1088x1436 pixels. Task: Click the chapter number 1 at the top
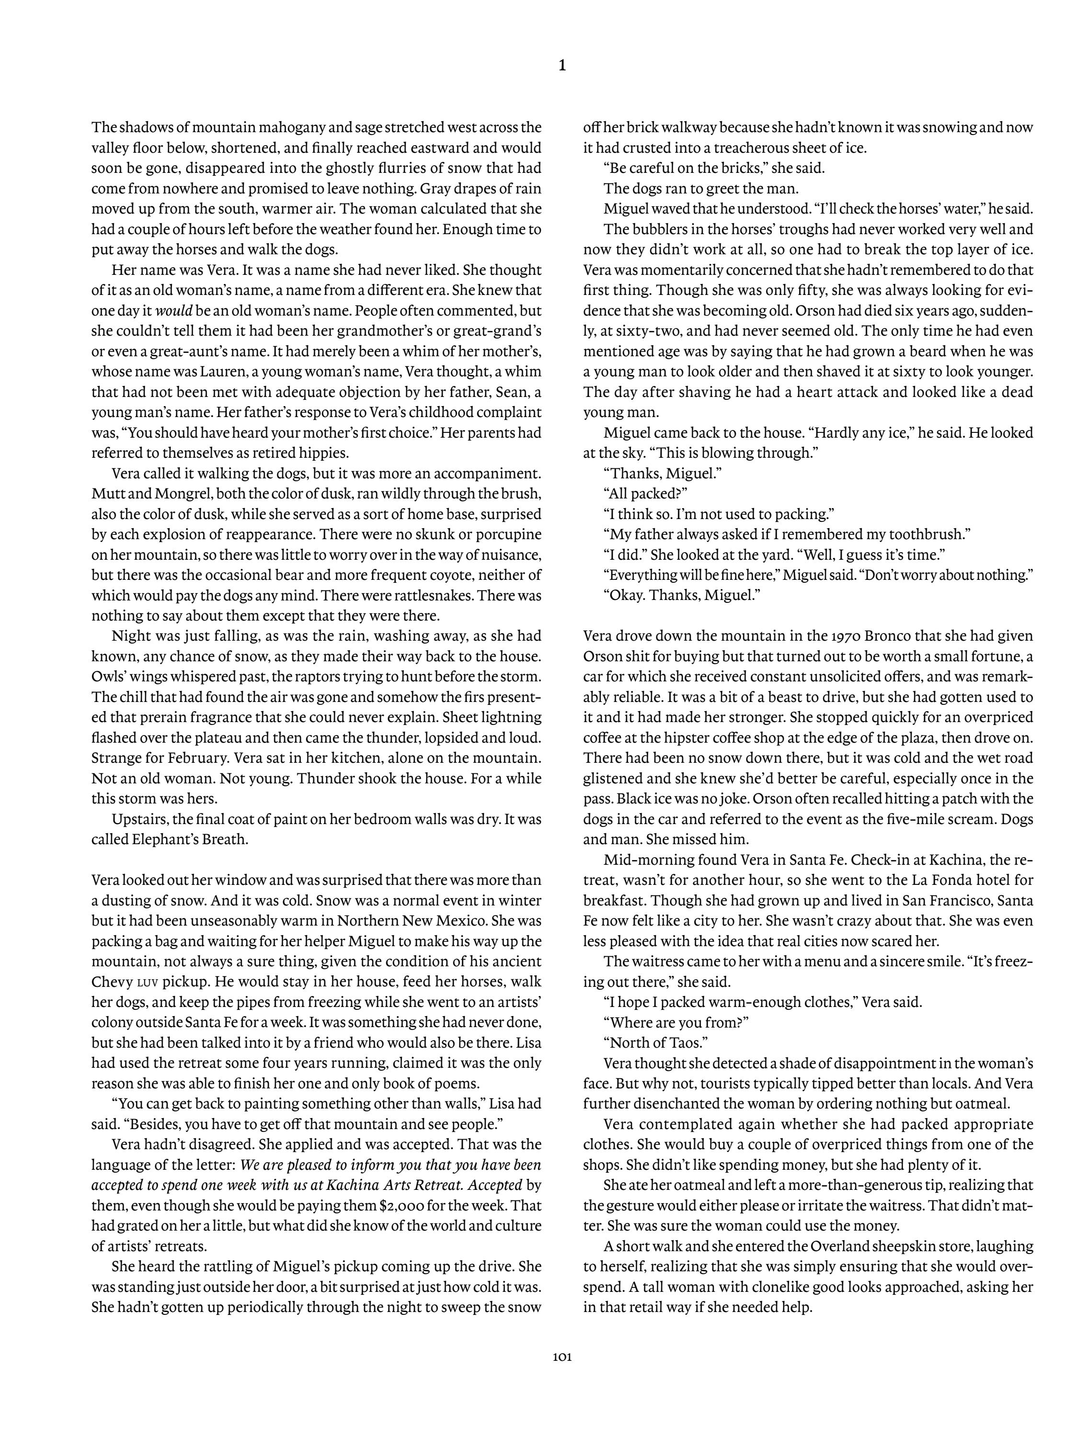(x=562, y=65)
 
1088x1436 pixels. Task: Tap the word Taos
(x=685, y=1042)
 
